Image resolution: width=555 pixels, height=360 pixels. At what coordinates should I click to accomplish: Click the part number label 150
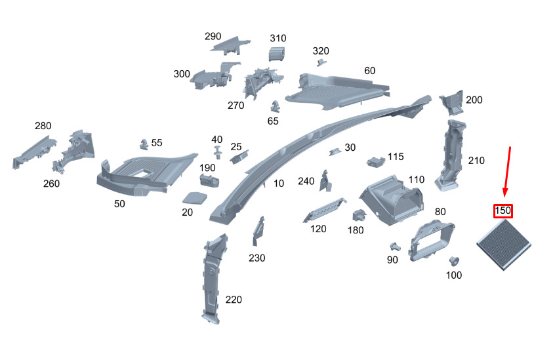(x=503, y=210)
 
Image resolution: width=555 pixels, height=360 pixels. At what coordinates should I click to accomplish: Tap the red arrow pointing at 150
(x=507, y=172)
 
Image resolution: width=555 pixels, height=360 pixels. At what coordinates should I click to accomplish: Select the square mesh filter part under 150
(x=504, y=245)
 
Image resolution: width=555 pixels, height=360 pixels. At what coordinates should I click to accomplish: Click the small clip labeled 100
(x=453, y=262)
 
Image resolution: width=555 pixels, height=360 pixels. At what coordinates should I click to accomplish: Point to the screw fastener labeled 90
(x=395, y=247)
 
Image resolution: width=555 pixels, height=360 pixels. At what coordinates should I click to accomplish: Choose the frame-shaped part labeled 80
(x=432, y=240)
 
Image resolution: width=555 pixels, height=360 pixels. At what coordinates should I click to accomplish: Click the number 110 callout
(x=416, y=180)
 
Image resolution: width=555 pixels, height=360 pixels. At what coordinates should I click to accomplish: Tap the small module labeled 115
(x=376, y=161)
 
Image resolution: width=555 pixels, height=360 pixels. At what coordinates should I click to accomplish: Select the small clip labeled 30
(x=335, y=151)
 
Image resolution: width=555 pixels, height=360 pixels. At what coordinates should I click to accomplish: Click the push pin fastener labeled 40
(x=218, y=152)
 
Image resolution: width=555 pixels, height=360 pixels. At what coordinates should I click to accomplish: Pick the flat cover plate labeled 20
(x=194, y=197)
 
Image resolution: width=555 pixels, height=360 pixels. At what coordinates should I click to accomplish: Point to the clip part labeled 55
(x=144, y=144)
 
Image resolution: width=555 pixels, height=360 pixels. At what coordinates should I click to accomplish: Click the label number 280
(x=43, y=125)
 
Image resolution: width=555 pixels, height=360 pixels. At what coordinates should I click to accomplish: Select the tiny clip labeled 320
(x=321, y=62)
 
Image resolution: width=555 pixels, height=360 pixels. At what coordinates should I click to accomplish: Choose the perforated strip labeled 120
(x=325, y=210)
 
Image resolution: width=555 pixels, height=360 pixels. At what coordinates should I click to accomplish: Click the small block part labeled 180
(x=358, y=216)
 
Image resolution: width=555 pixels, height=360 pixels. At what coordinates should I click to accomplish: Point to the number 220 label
(x=234, y=300)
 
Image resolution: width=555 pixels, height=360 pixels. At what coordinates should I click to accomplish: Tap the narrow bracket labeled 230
(x=258, y=231)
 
